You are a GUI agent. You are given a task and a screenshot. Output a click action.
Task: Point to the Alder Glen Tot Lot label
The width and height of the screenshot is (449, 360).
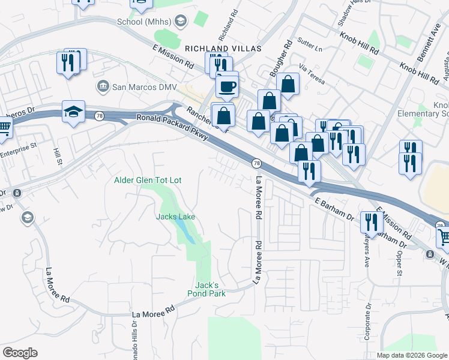(148, 180)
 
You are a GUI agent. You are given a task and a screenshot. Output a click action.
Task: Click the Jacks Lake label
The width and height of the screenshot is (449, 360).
(176, 217)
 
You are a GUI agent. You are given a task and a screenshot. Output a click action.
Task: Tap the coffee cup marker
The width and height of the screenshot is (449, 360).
(227, 86)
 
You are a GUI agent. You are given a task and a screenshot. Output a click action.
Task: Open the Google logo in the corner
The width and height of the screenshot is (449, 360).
(20, 353)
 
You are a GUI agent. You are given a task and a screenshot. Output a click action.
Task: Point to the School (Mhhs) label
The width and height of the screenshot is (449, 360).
(144, 22)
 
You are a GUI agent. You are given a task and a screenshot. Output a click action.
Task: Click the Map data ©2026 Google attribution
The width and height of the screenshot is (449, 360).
(412, 355)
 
